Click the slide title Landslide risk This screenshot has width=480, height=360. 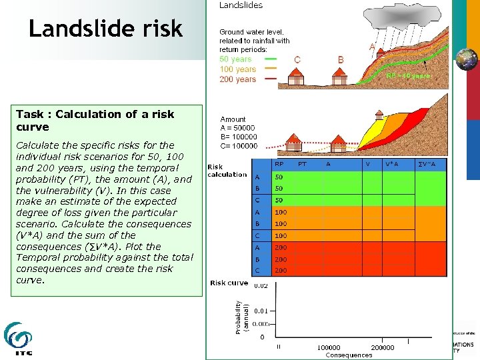tap(105, 29)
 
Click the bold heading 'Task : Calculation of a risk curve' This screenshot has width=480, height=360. tap(95, 120)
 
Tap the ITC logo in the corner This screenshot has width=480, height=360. tap(18, 339)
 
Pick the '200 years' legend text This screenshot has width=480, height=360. tap(237, 79)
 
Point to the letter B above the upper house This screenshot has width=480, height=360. tap(341, 59)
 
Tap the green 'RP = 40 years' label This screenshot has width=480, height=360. tap(408, 76)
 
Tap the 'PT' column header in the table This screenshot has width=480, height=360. tap(302, 164)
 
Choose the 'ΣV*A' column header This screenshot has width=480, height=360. tap(427, 164)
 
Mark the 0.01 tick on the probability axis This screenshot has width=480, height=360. tap(261, 311)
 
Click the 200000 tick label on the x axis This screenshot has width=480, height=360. tap(382, 347)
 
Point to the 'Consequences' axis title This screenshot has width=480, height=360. tap(349, 355)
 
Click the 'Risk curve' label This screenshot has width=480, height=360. tap(229, 283)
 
